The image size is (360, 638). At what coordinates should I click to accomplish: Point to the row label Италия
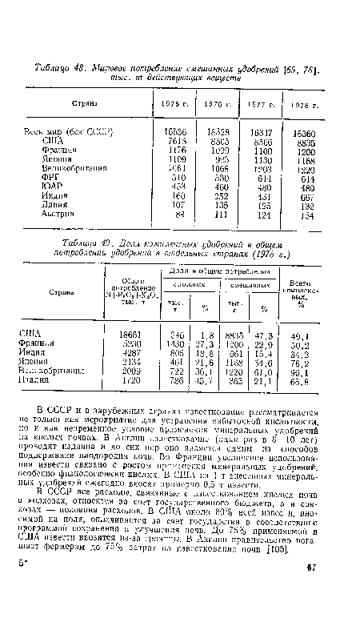(x=36, y=379)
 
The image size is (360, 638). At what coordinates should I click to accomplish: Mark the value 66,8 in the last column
(x=325, y=379)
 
